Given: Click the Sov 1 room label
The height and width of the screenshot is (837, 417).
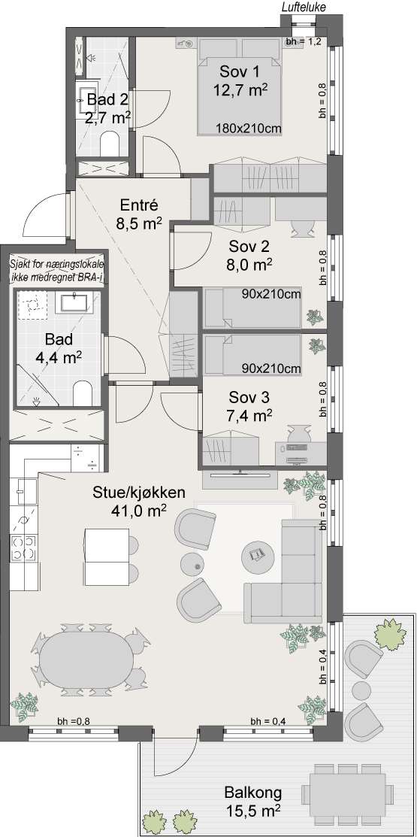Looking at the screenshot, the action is tap(238, 72).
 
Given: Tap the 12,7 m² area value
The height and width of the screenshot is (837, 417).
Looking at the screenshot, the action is tap(240, 89).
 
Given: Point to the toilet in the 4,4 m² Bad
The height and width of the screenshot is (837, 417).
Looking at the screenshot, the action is tap(83, 393).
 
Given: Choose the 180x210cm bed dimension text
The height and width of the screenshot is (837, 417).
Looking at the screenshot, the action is tap(249, 128).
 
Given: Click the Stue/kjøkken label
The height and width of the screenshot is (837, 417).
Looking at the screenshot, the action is tap(139, 493).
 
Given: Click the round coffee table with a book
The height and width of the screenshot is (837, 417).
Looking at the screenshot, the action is tap(259, 556).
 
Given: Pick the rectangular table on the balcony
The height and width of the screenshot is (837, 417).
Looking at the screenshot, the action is tap(344, 794).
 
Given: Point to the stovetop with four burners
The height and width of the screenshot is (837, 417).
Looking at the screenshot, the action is tap(23, 548).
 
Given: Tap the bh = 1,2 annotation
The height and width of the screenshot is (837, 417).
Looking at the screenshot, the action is tap(303, 43).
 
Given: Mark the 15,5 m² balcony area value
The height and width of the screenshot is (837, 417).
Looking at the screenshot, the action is tap(252, 811).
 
